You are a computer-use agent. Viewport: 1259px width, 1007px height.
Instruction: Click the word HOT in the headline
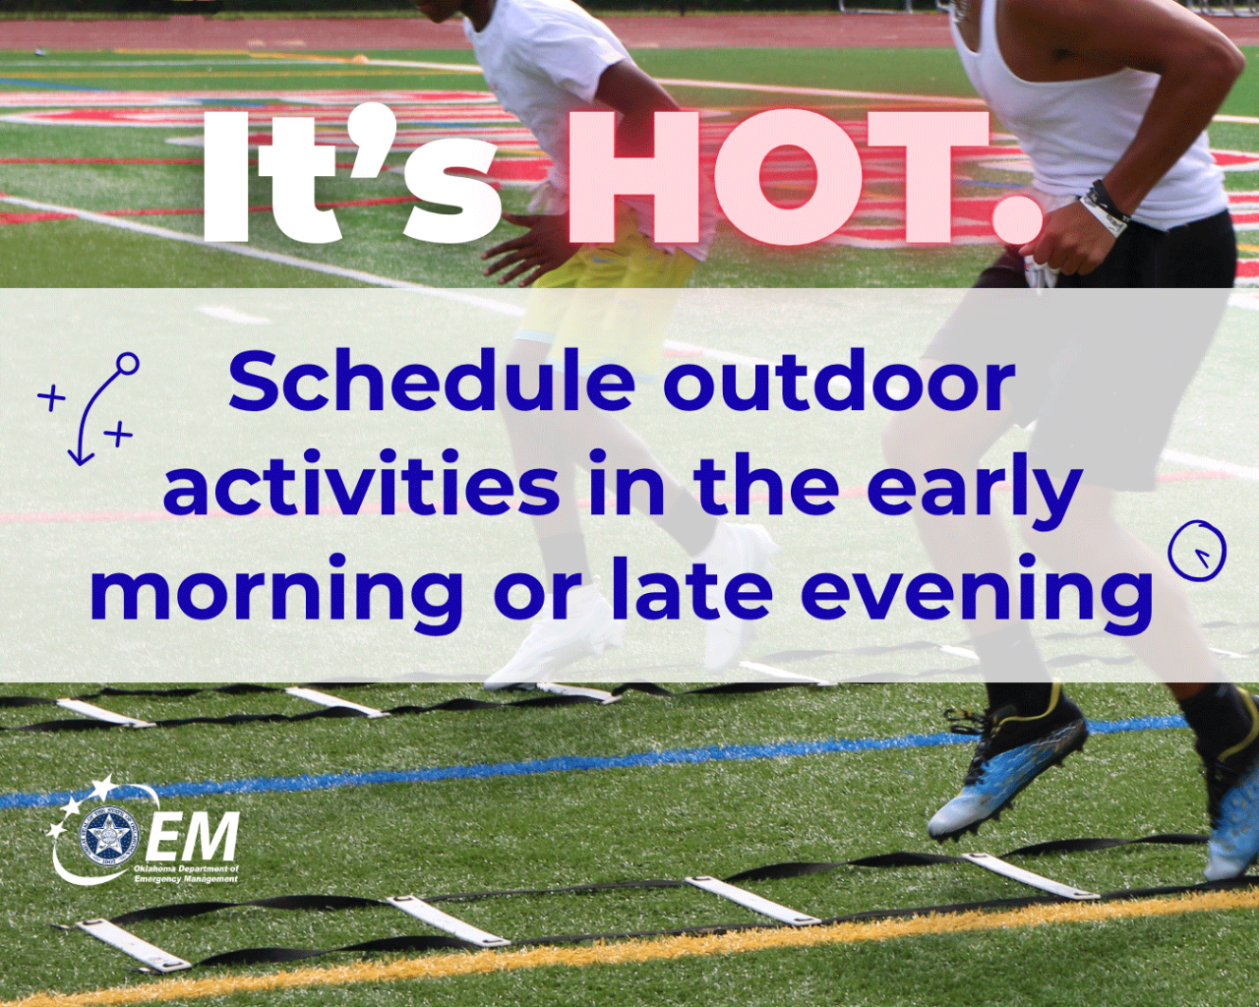(x=777, y=179)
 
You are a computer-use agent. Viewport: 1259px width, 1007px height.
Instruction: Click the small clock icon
(x=1197, y=552)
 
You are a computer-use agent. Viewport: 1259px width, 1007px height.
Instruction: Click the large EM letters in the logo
(x=193, y=838)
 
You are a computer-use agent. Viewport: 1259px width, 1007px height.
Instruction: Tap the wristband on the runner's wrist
(x=1108, y=207)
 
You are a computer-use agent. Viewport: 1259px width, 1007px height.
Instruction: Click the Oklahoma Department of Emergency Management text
(x=186, y=873)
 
